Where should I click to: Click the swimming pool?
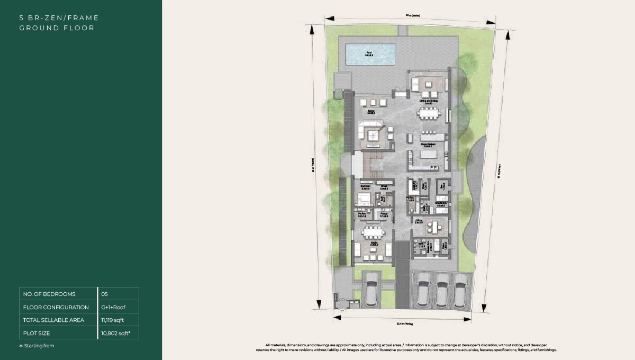click(370, 53)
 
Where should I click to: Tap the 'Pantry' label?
click(384, 214)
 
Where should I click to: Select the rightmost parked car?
click(460, 290)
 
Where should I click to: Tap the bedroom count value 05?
click(104, 294)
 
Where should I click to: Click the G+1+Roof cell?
click(113, 307)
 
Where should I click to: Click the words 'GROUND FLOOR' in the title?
click(57, 28)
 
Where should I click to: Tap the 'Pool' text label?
click(369, 52)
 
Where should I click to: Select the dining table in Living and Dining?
click(428, 113)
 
